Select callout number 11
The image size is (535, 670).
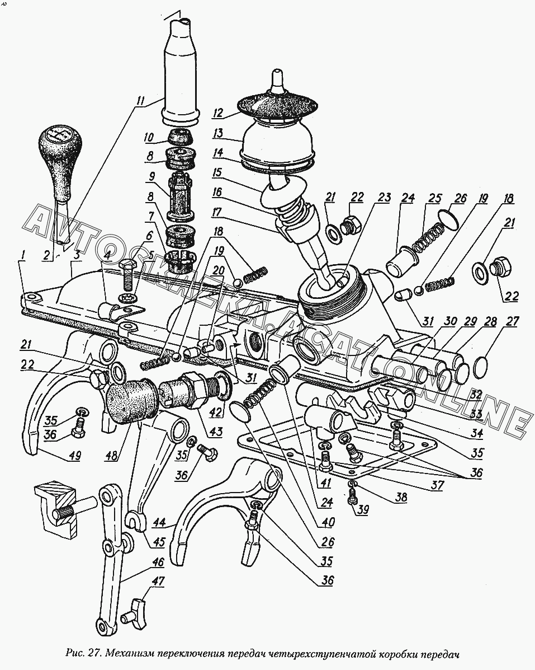140,101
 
